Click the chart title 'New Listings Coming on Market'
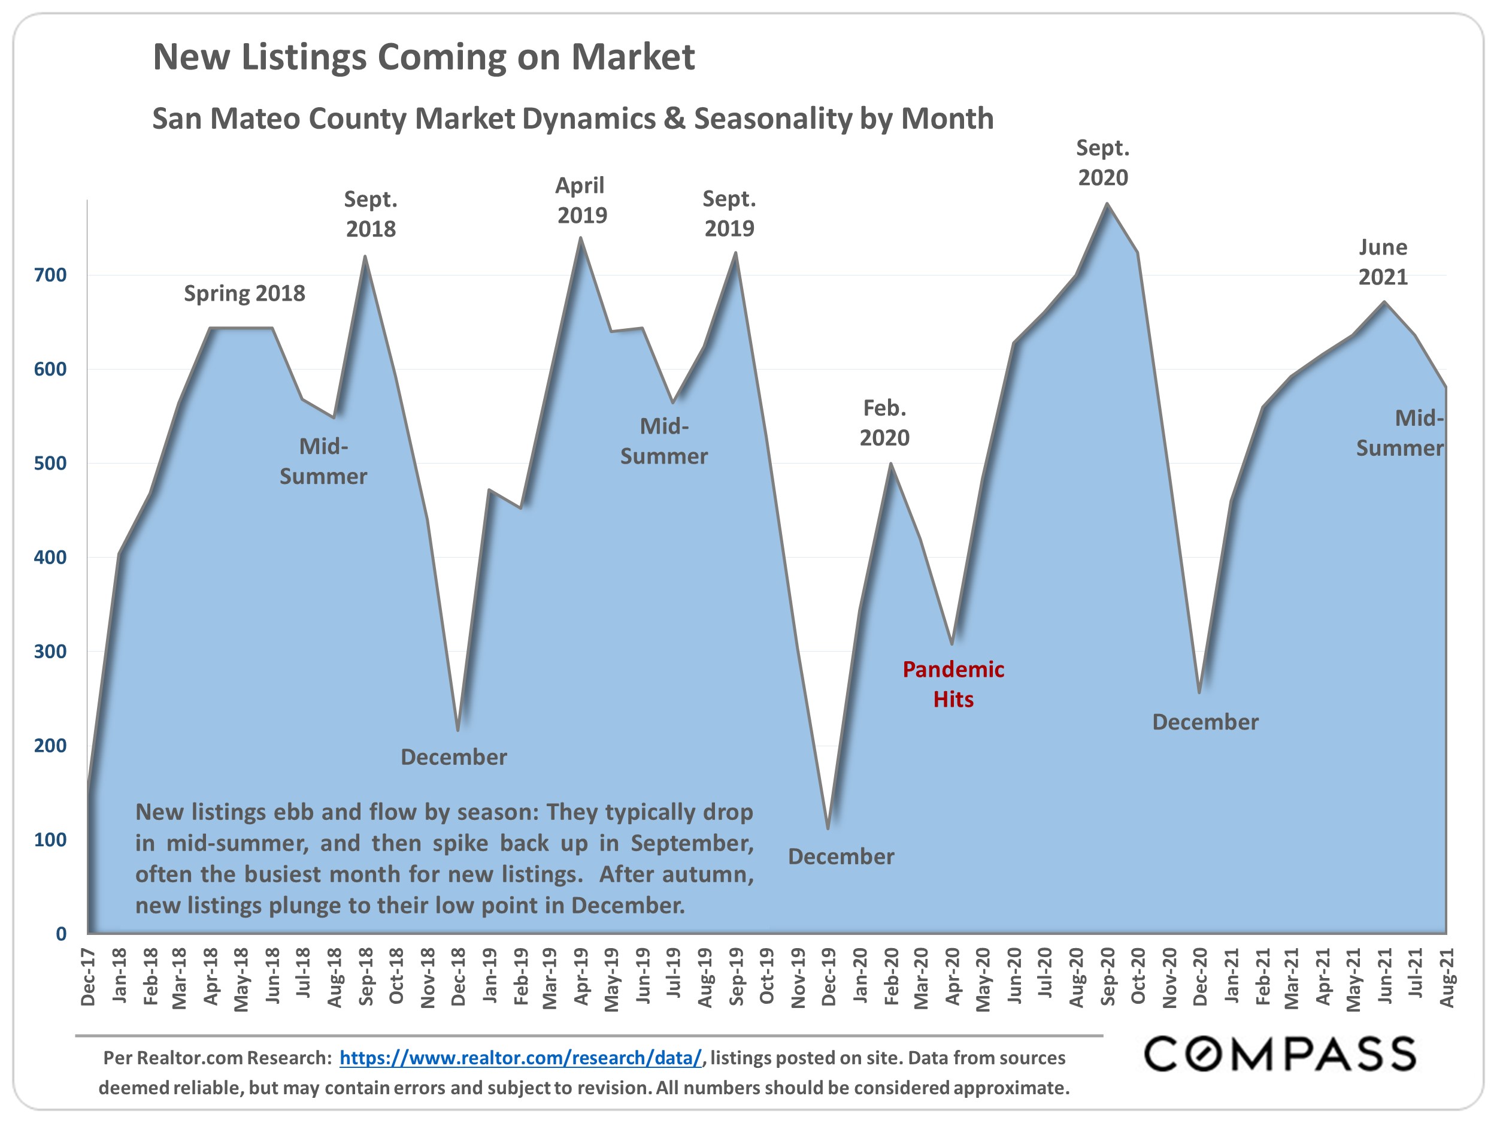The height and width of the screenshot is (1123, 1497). [424, 57]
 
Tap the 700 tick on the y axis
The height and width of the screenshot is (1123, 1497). [50, 276]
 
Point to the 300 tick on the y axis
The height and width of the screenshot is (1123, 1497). [50, 652]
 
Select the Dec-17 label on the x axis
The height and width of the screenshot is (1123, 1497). [88, 977]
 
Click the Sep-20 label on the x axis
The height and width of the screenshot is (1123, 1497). [1107, 977]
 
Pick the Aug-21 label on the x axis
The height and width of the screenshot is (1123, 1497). [1446, 977]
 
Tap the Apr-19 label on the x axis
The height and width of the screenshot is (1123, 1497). [581, 977]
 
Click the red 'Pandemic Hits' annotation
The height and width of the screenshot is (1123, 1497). [953, 684]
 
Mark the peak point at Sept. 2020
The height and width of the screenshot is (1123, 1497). [1107, 204]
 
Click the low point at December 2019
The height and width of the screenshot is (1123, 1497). [828, 828]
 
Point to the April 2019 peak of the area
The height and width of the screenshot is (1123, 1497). [581, 238]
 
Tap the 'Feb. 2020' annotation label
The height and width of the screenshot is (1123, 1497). [884, 423]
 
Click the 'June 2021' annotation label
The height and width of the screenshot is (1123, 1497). [1383, 262]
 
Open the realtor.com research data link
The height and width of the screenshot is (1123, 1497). [520, 1058]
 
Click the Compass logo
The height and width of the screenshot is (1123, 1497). [1280, 1055]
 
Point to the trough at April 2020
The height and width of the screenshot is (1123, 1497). [952, 643]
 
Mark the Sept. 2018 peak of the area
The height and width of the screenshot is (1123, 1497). [365, 256]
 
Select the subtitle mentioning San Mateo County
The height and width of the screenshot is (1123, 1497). [572, 119]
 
